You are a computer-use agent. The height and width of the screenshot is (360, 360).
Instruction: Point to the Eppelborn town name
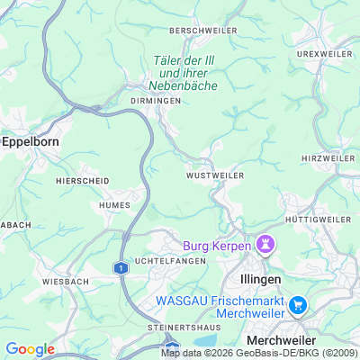(x=30, y=141)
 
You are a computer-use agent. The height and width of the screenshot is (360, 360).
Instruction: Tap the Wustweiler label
(x=215, y=175)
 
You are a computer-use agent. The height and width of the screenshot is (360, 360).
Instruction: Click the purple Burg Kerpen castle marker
(x=265, y=244)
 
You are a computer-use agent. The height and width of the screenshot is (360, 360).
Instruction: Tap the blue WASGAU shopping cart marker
(x=299, y=306)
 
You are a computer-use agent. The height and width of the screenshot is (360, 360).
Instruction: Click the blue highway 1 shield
(x=119, y=267)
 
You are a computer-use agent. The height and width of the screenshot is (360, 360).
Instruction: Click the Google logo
(x=30, y=349)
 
